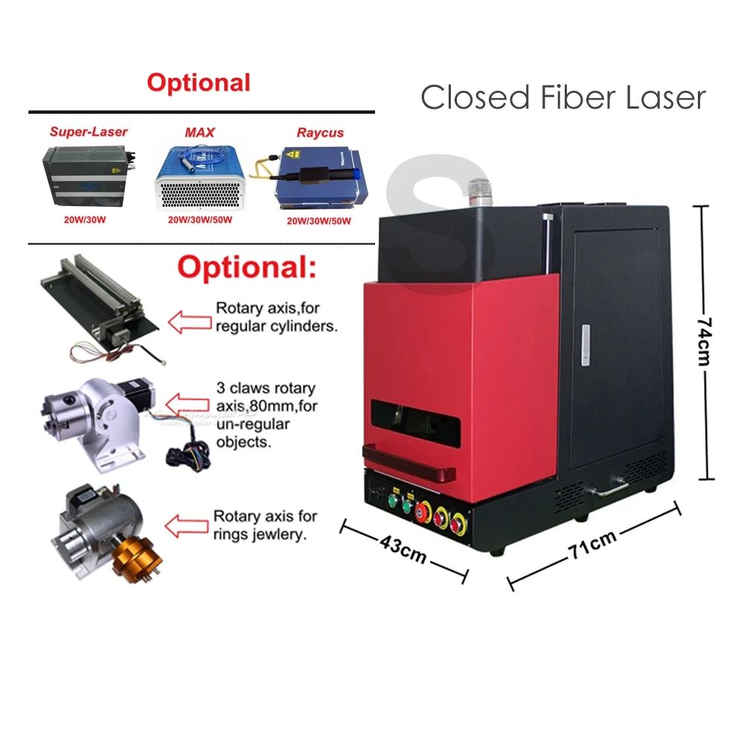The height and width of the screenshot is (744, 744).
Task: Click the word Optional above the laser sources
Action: tap(198, 83)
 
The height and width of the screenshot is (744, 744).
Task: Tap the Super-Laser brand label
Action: tap(89, 132)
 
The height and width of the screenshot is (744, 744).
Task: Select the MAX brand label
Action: tap(199, 132)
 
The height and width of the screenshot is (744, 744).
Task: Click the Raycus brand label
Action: tap(320, 132)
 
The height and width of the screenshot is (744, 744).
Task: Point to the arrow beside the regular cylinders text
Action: tap(187, 321)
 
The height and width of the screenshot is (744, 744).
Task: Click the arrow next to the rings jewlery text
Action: tap(186, 526)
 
